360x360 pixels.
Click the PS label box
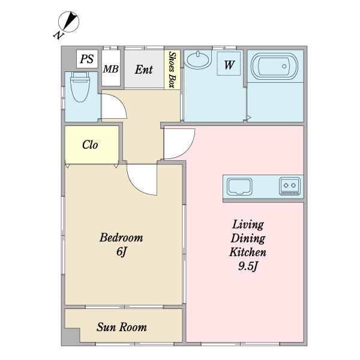click(x=87, y=59)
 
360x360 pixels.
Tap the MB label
click(x=110, y=69)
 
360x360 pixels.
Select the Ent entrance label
click(x=144, y=70)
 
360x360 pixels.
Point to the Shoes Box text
click(x=172, y=70)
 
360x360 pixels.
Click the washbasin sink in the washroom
click(x=197, y=59)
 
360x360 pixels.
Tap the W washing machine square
click(x=229, y=64)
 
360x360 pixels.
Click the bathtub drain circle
click(x=284, y=66)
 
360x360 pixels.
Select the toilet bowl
click(x=80, y=87)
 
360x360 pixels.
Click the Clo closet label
click(x=90, y=145)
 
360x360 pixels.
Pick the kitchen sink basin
click(x=239, y=187)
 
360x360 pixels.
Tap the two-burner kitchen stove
click(x=290, y=186)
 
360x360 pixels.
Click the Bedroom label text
click(x=121, y=238)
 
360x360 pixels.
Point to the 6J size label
click(x=121, y=251)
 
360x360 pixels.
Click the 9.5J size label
click(x=248, y=266)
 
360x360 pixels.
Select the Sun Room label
click(x=122, y=327)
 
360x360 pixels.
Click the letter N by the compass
click(x=58, y=35)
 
